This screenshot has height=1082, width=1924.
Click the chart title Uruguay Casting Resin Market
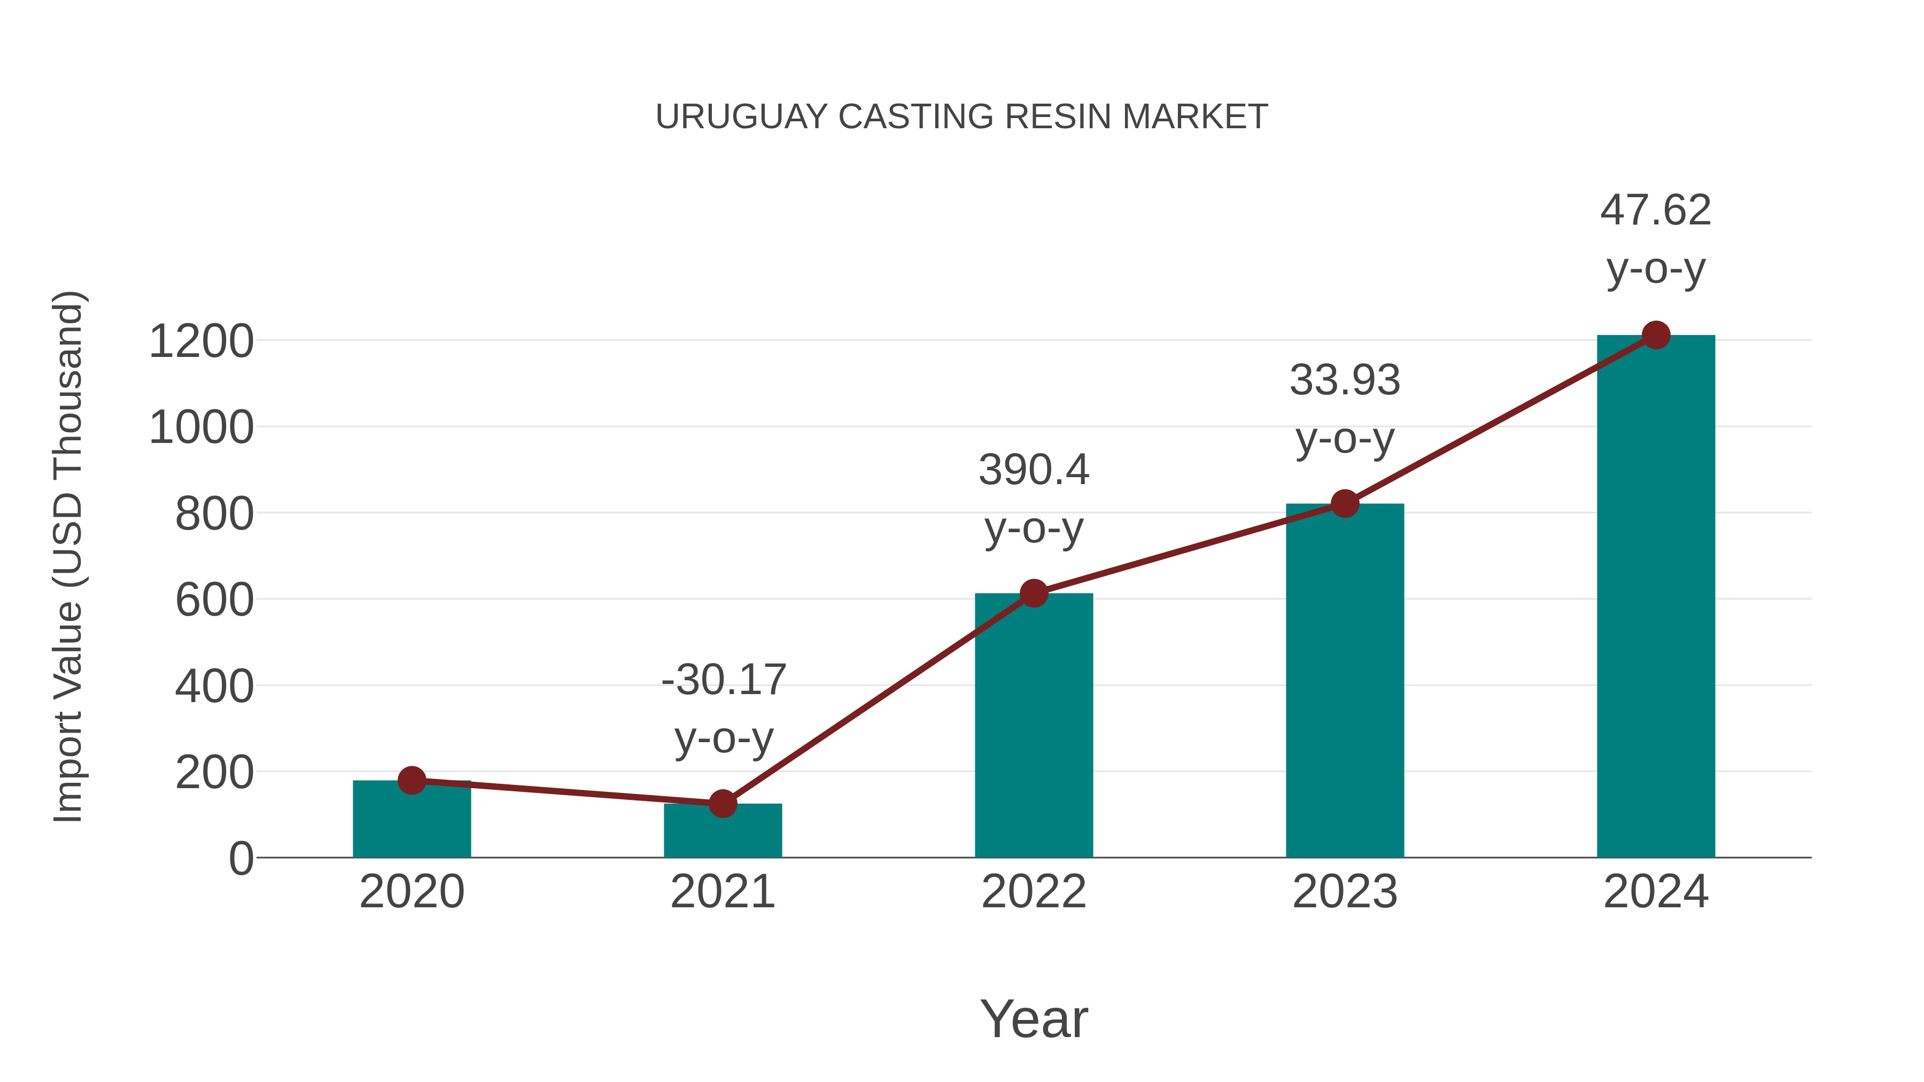pos(961,117)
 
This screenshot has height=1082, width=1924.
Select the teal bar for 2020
pos(412,821)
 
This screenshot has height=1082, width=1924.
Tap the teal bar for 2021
pos(722,832)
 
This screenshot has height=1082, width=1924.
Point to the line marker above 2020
pos(412,780)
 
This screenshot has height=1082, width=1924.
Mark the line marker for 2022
pos(1034,593)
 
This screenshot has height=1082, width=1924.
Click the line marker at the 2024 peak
pos(1656,335)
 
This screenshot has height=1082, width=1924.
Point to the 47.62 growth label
pos(1655,239)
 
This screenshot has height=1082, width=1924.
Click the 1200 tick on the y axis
pos(201,342)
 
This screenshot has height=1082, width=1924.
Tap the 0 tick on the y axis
pos(241,858)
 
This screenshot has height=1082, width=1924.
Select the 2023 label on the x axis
pos(1345,892)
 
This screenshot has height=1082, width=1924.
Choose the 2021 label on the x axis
pos(722,892)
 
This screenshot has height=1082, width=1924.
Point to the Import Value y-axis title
pos(67,556)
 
